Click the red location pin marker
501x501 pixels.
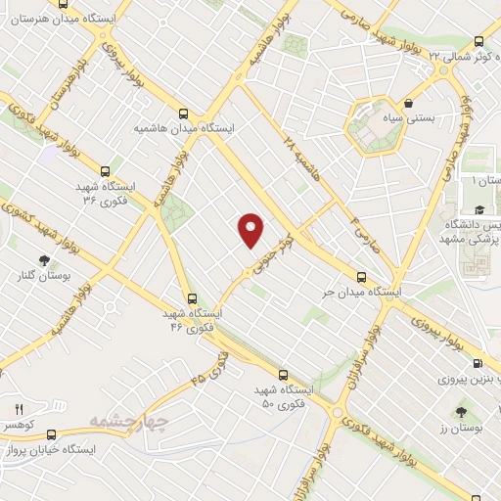251,228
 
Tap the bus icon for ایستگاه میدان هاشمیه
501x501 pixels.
185,112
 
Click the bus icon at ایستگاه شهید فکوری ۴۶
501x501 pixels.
192,298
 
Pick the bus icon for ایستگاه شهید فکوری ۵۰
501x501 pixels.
283,374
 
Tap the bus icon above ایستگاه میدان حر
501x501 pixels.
362,277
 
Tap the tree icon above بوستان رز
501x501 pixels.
461,411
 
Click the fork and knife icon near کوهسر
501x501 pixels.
18,408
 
